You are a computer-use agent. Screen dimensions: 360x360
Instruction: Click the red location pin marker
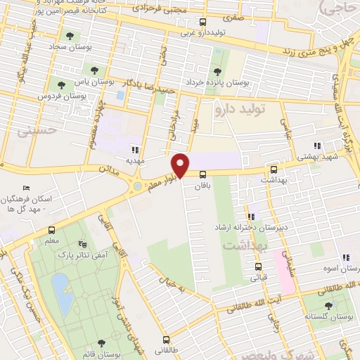[x=181, y=166]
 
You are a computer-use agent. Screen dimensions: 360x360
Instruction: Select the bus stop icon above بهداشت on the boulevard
[x=274, y=169]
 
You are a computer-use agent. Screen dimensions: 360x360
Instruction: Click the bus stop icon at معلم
[x=51, y=230]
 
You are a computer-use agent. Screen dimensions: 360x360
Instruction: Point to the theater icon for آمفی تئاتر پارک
[x=84, y=243]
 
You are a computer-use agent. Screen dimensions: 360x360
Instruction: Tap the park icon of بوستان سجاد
[x=69, y=35]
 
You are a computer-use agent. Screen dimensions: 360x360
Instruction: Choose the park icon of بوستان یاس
[x=94, y=70]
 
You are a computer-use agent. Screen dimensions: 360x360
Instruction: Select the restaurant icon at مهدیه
[x=134, y=149]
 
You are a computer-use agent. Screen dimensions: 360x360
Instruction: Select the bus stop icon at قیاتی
[x=258, y=266]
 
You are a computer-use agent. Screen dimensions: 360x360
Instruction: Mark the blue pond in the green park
[x=61, y=293]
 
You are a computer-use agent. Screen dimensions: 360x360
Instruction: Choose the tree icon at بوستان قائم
[x=102, y=342]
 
